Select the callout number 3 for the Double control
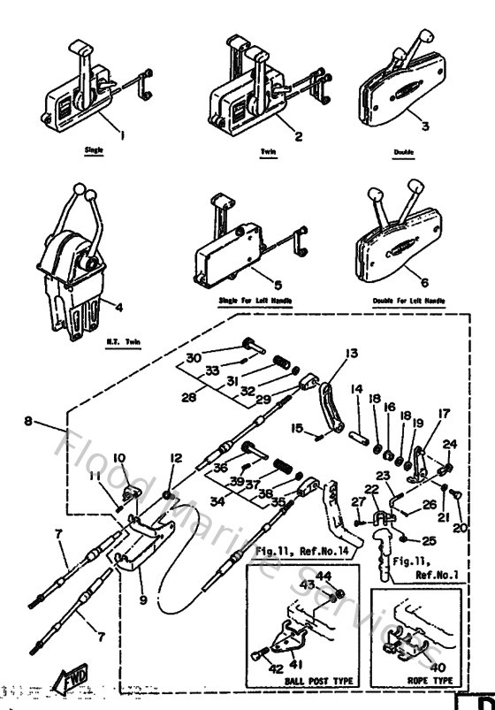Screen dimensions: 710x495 click(424, 126)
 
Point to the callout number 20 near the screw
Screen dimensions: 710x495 click(461, 528)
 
